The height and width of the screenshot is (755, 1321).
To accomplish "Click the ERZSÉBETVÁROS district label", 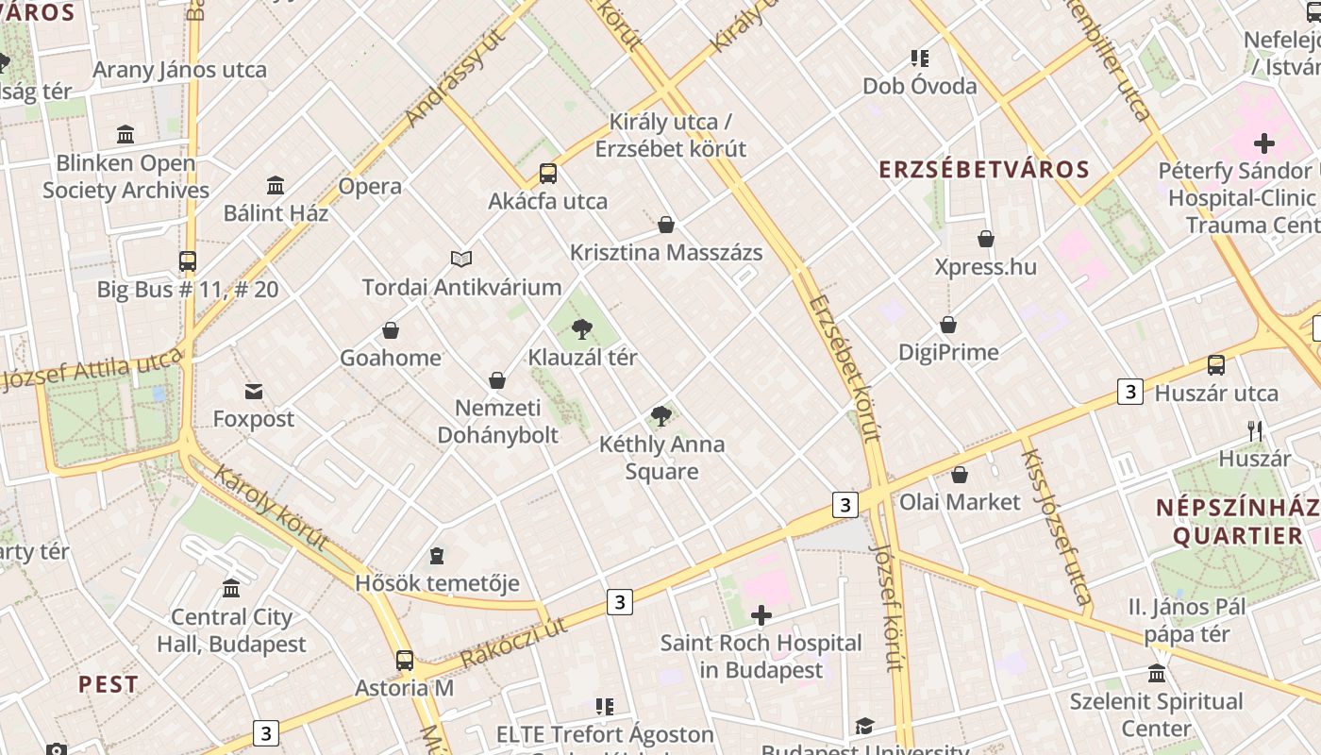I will [x=984, y=170].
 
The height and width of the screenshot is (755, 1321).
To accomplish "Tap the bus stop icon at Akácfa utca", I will [x=547, y=174].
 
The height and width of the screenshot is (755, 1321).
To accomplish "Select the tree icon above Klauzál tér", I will [x=582, y=329].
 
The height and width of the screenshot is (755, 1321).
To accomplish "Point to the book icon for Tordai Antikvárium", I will [x=460, y=259].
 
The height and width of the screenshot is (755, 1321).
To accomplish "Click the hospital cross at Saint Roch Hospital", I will [x=761, y=616].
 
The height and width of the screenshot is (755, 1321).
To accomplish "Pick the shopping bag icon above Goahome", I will [x=391, y=330].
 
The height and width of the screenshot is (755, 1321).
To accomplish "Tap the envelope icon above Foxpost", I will [x=253, y=392].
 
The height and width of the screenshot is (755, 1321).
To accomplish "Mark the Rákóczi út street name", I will [x=514, y=642].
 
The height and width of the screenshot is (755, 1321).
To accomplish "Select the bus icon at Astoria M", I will [x=405, y=661].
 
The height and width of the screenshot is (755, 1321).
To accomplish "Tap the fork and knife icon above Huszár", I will [x=1255, y=431].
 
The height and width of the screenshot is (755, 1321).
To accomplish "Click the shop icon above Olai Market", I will [x=960, y=475].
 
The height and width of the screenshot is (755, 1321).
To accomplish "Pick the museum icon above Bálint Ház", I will [x=276, y=185].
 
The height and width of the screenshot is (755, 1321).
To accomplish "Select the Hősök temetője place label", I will [x=437, y=583].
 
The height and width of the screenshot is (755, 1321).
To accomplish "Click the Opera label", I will [x=370, y=186].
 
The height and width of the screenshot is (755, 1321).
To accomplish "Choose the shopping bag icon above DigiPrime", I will [x=948, y=325].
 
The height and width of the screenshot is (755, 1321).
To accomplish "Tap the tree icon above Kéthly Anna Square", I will [x=661, y=415].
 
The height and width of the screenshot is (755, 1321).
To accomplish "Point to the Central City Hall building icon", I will [x=231, y=589].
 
